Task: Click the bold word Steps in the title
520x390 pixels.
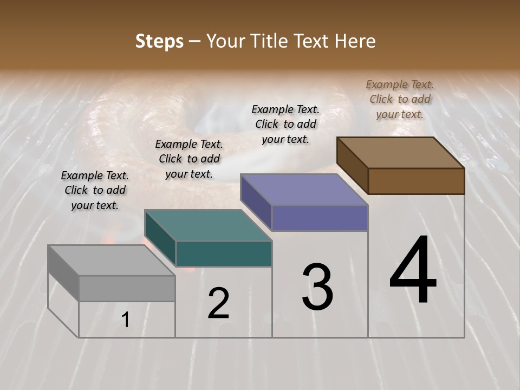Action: (159, 41)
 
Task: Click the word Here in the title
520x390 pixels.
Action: (355, 41)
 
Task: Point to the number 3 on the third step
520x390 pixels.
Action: (317, 287)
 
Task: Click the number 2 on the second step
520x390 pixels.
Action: (218, 303)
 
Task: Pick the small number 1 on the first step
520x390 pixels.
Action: (126, 320)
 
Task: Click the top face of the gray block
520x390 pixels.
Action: (111, 261)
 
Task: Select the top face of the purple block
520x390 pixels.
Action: (304, 190)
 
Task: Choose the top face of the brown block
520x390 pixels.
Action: (400, 153)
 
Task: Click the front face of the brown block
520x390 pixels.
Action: (416, 181)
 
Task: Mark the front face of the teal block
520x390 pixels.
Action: (224, 254)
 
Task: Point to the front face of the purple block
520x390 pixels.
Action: (320, 218)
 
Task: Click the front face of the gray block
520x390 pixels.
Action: (127, 289)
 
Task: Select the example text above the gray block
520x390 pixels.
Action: (95, 190)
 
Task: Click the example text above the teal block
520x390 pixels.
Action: (189, 159)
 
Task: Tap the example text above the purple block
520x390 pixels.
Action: (285, 124)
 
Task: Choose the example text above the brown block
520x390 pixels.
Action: (400, 99)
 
